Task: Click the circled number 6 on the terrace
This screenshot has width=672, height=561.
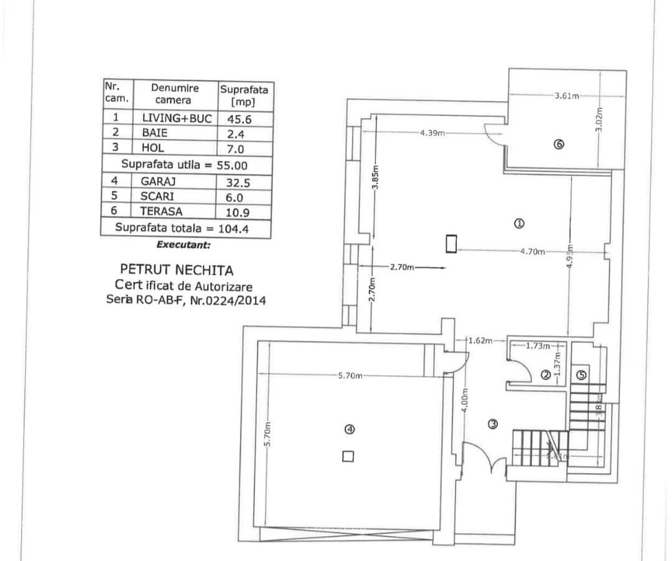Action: coord(559,144)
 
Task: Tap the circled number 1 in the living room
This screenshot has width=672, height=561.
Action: coord(518,223)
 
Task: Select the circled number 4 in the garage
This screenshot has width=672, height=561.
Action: coord(350,429)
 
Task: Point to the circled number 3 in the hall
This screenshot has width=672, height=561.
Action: coord(492,424)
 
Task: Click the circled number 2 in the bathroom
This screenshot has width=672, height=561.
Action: coord(545,375)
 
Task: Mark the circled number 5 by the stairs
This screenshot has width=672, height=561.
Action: coord(581,375)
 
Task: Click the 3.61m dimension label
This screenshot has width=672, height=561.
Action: coord(567,95)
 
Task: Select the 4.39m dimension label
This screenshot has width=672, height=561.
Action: coord(432,133)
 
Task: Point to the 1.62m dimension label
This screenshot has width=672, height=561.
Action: coord(480,340)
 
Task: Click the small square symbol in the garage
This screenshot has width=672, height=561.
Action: coord(348,456)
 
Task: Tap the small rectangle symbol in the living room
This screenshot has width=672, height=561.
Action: coord(451,243)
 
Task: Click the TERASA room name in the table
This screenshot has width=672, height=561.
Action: coord(161,211)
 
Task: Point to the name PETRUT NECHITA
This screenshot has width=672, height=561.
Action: coord(176,271)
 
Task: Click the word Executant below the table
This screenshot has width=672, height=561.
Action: coord(183,245)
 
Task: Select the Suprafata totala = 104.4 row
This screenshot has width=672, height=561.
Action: coord(185,228)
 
